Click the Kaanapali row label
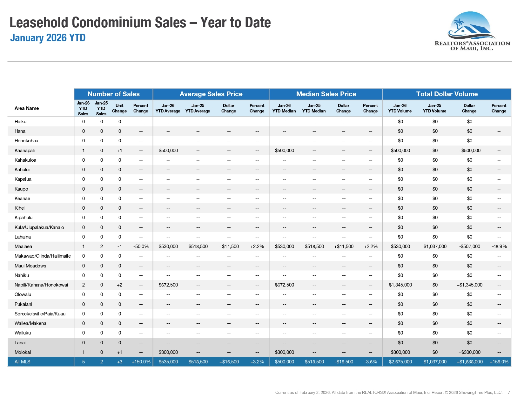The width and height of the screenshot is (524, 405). tap(24, 151)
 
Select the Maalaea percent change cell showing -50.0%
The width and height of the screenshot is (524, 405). tap(141, 246)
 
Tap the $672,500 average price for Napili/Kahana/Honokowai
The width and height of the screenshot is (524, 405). tap(168, 285)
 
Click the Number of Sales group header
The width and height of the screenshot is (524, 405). tap(114, 94)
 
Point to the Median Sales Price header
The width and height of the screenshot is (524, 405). tap(326, 94)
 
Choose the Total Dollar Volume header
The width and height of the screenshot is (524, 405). tap(447, 94)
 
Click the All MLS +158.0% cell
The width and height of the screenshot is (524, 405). tap(499, 362)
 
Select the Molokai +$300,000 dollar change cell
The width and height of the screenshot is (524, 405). tap(469, 352)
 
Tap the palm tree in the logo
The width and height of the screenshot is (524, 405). tap(458, 24)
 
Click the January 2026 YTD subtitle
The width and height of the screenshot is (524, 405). tap(48, 38)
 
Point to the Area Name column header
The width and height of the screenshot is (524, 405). tap(27, 108)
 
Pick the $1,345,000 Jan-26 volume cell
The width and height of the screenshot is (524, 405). tap(400, 285)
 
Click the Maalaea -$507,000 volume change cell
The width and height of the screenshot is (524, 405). tap(469, 246)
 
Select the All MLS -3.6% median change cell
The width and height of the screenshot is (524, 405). tap(371, 362)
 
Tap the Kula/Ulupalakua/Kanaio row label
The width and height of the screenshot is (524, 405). tap(39, 227)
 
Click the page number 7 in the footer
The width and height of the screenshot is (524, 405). tap(509, 393)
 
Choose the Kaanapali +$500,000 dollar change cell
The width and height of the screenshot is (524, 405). tap(469, 151)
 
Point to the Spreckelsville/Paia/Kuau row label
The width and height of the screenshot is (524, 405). tap(40, 314)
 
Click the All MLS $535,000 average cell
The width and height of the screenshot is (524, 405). tap(168, 362)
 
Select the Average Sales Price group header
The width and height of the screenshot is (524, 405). tap(211, 94)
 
